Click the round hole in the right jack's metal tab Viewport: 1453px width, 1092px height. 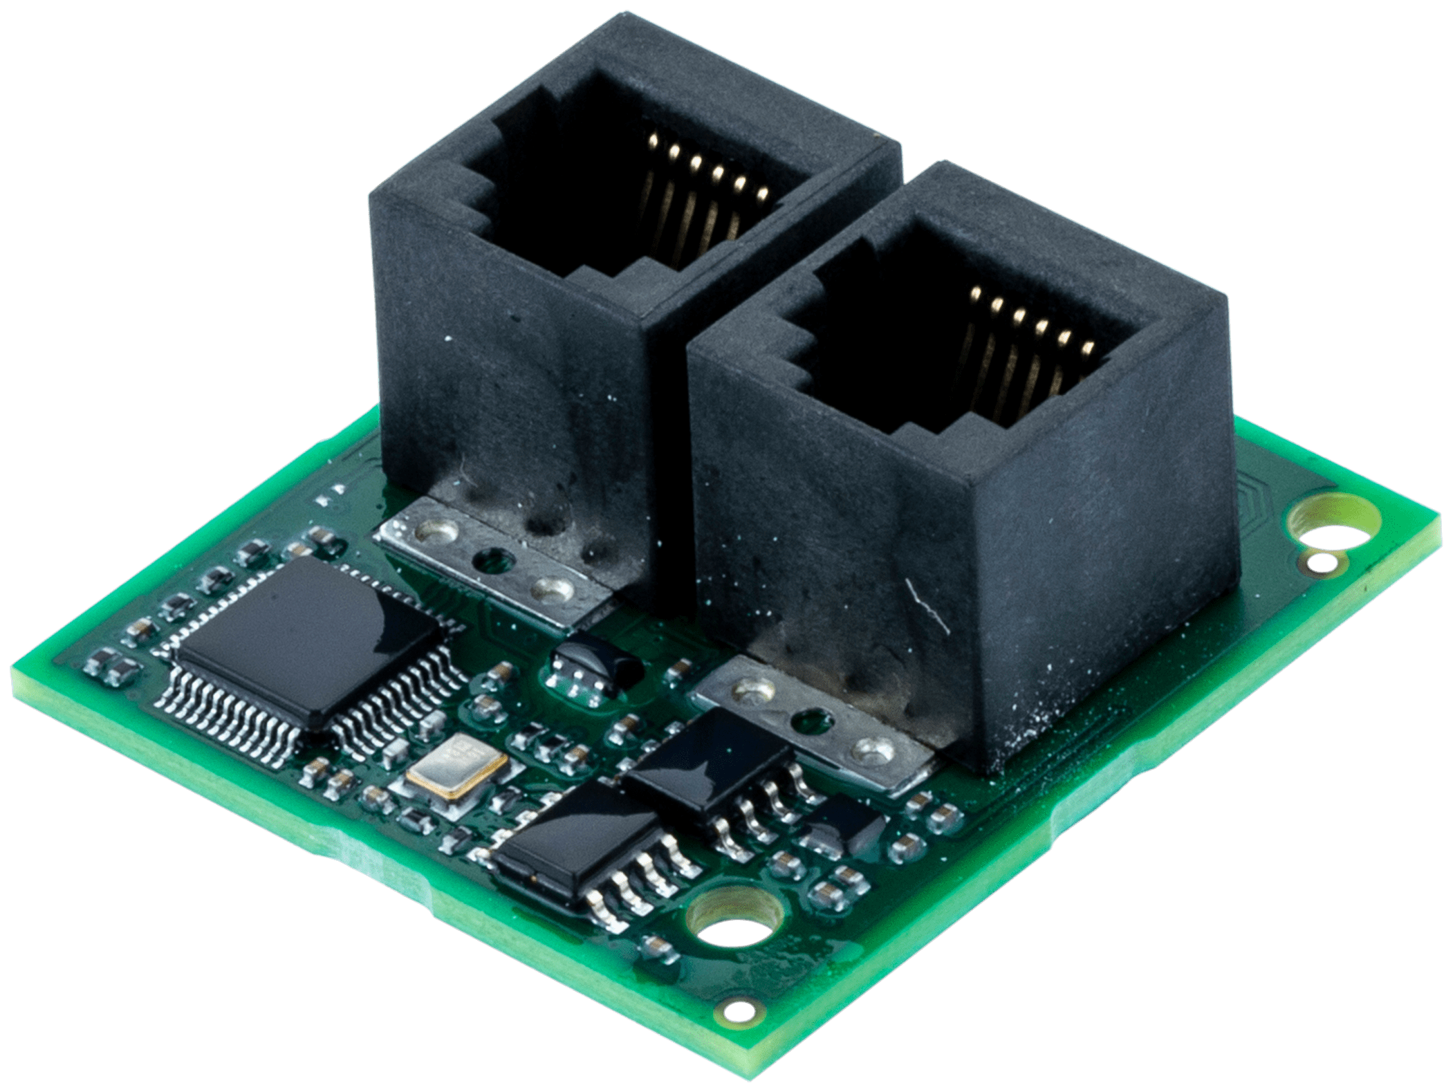tap(806, 722)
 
